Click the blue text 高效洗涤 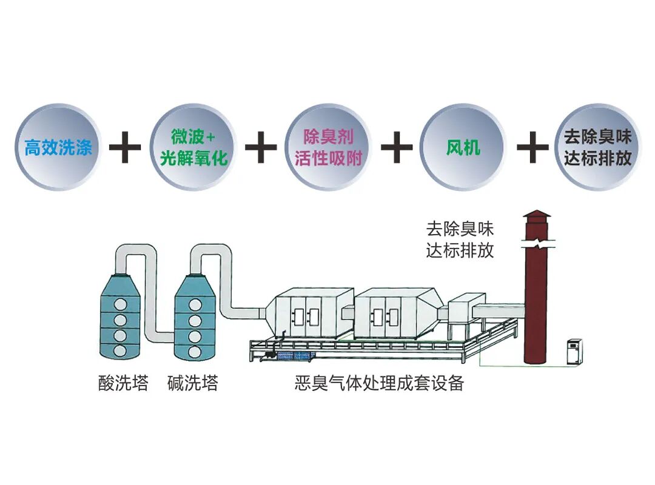pyautogui.click(x=58, y=147)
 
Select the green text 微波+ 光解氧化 pyautogui.click(x=193, y=147)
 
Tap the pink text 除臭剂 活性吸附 pyautogui.click(x=328, y=147)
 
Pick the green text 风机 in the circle pyautogui.click(x=463, y=147)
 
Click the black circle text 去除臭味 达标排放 pyautogui.click(x=597, y=147)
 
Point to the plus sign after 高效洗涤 pyautogui.click(x=125, y=147)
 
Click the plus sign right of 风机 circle pyautogui.click(x=532, y=147)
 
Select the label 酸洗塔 pyautogui.click(x=123, y=383)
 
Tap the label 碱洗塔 pyautogui.click(x=193, y=383)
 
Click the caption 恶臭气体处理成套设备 pyautogui.click(x=379, y=383)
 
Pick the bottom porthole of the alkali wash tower pyautogui.click(x=195, y=352)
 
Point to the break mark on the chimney pyautogui.click(x=538, y=244)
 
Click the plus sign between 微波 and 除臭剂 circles pyautogui.click(x=261, y=147)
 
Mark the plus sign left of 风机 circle pyautogui.click(x=397, y=147)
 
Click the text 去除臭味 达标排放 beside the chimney pyautogui.click(x=460, y=239)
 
